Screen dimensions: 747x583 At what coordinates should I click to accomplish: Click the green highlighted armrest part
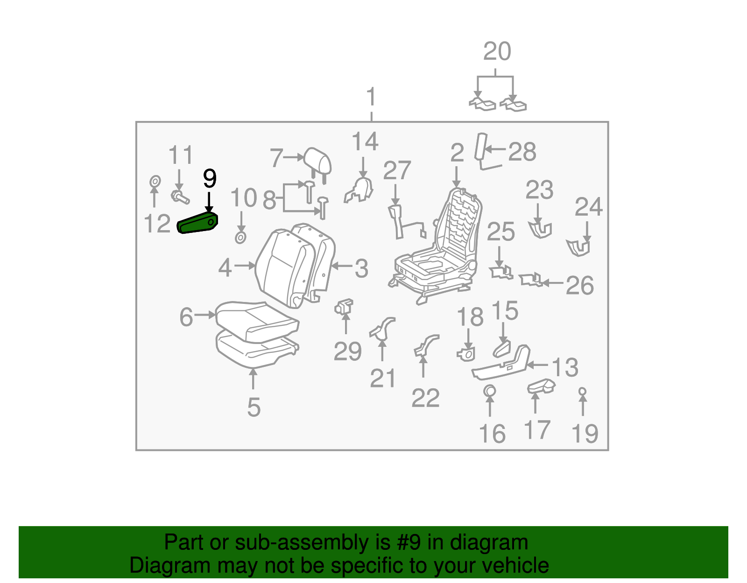tap(197, 222)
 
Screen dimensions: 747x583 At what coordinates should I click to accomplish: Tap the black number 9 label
tap(210, 178)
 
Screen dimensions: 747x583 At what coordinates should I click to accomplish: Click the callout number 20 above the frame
tap(497, 51)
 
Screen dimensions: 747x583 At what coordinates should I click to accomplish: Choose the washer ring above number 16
tap(489, 391)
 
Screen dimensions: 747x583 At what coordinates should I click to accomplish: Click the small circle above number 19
tap(582, 391)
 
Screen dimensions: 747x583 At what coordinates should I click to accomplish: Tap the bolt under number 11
tap(180, 197)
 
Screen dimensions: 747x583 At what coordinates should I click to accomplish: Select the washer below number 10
tap(240, 238)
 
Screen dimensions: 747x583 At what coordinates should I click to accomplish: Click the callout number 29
tap(347, 351)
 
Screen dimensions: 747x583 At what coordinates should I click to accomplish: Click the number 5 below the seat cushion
tap(254, 407)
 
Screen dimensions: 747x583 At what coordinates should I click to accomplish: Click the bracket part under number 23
tap(540, 230)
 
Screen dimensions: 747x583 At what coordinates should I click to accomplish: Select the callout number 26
tap(579, 285)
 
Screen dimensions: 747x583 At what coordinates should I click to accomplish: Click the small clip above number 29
tap(344, 307)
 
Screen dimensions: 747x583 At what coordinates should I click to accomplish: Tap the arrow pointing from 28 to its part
tap(495, 149)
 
